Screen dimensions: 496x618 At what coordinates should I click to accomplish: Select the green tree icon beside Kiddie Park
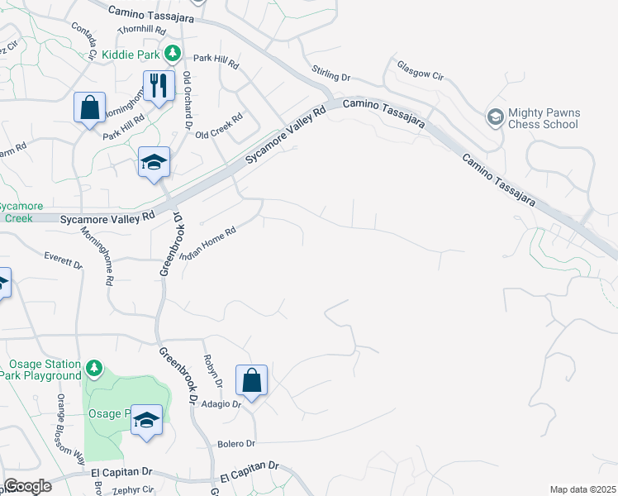(x=172, y=55)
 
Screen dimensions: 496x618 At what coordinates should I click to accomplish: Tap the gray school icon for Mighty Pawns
(x=495, y=117)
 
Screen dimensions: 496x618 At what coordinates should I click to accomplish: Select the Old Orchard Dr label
(x=189, y=100)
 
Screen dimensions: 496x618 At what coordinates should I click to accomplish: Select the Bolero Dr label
(x=236, y=444)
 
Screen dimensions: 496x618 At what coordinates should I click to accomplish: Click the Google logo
(x=27, y=486)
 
